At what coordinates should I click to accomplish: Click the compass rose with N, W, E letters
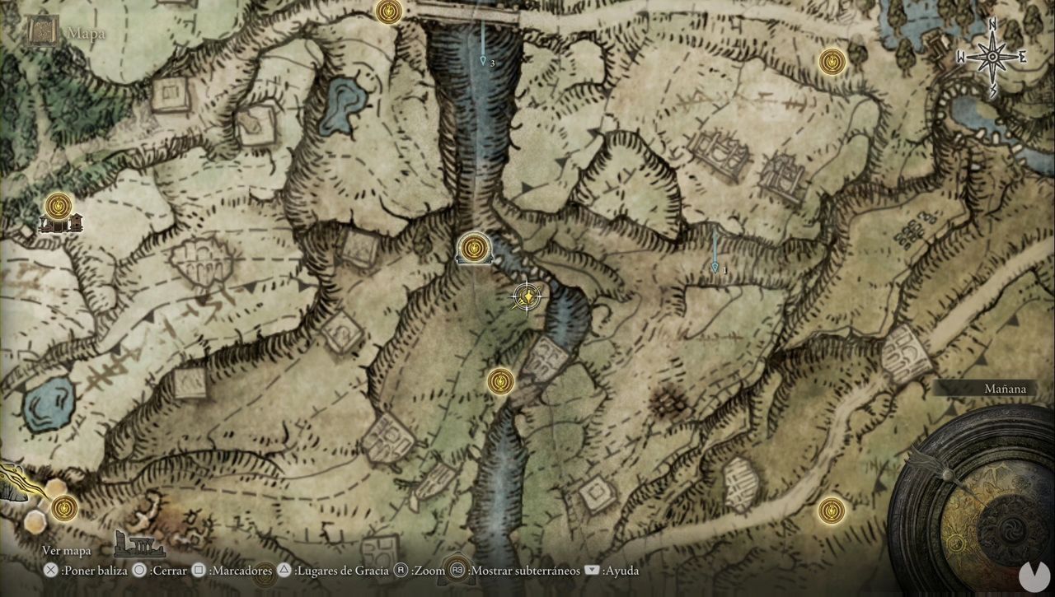pos(993,57)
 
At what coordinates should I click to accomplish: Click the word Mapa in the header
pos(86,34)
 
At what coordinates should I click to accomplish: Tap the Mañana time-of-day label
pos(1006,389)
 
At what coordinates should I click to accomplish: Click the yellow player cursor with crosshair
pos(527,297)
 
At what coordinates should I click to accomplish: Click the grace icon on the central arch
pos(473,247)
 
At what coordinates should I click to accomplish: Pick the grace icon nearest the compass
pos(832,61)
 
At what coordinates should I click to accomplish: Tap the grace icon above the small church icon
pos(59,204)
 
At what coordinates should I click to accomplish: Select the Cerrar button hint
pos(160,570)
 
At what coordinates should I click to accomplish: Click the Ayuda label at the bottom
pos(613,570)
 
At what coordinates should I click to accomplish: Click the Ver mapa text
pos(67,551)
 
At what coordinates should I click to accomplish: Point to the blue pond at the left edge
pos(48,406)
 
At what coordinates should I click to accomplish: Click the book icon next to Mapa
pos(40,32)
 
